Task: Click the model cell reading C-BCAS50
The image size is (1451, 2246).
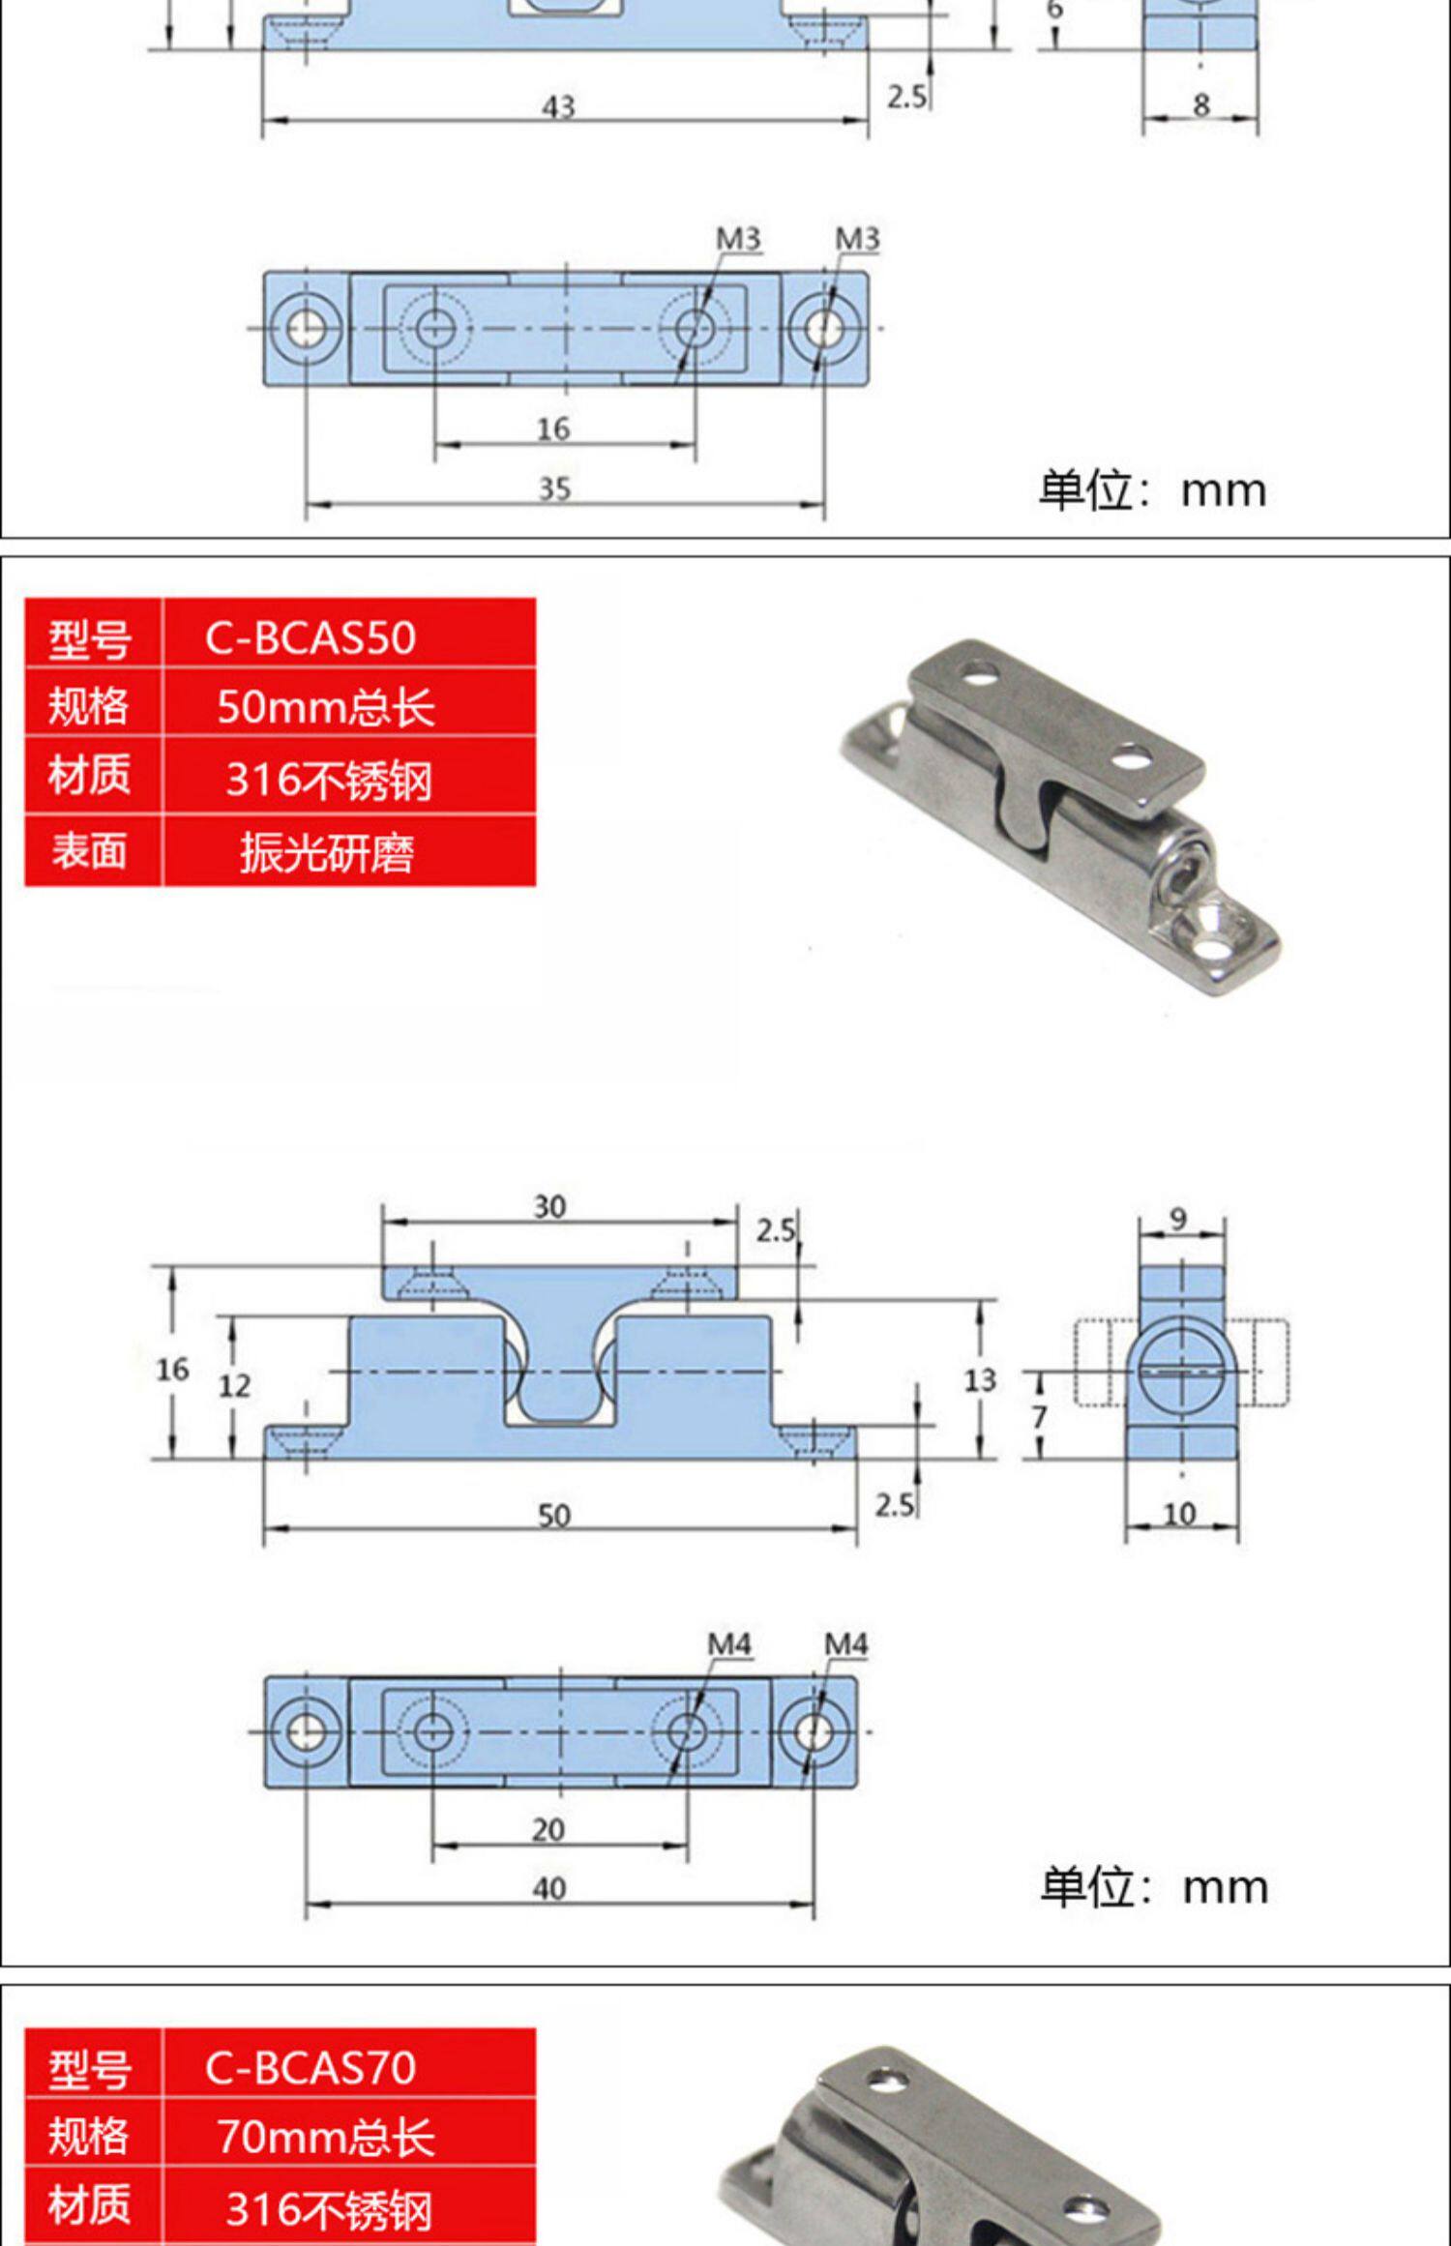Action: (310, 637)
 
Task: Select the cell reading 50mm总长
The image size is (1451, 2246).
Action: (326, 707)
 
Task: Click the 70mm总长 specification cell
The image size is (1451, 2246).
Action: (326, 2136)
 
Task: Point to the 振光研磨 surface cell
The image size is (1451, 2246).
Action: (327, 852)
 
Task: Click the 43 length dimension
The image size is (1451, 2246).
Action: (558, 106)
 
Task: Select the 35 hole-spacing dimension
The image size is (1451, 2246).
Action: (554, 488)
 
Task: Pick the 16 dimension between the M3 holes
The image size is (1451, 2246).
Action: (553, 429)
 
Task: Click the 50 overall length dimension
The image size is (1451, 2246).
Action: (554, 1515)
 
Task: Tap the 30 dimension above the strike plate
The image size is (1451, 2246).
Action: (549, 1206)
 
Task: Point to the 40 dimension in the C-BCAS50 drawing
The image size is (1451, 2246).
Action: (549, 1888)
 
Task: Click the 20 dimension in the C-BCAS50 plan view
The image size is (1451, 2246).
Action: (548, 1829)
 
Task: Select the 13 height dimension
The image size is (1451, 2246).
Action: (979, 1379)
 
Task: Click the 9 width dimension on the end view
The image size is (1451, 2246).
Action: (1177, 1218)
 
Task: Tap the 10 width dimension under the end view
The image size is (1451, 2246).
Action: (1179, 1513)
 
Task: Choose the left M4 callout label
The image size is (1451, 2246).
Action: (728, 1643)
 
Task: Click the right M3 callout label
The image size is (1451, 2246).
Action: (857, 238)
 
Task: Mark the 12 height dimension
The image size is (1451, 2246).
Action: (234, 1386)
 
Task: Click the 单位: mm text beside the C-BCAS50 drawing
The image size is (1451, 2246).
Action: (1154, 1887)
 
